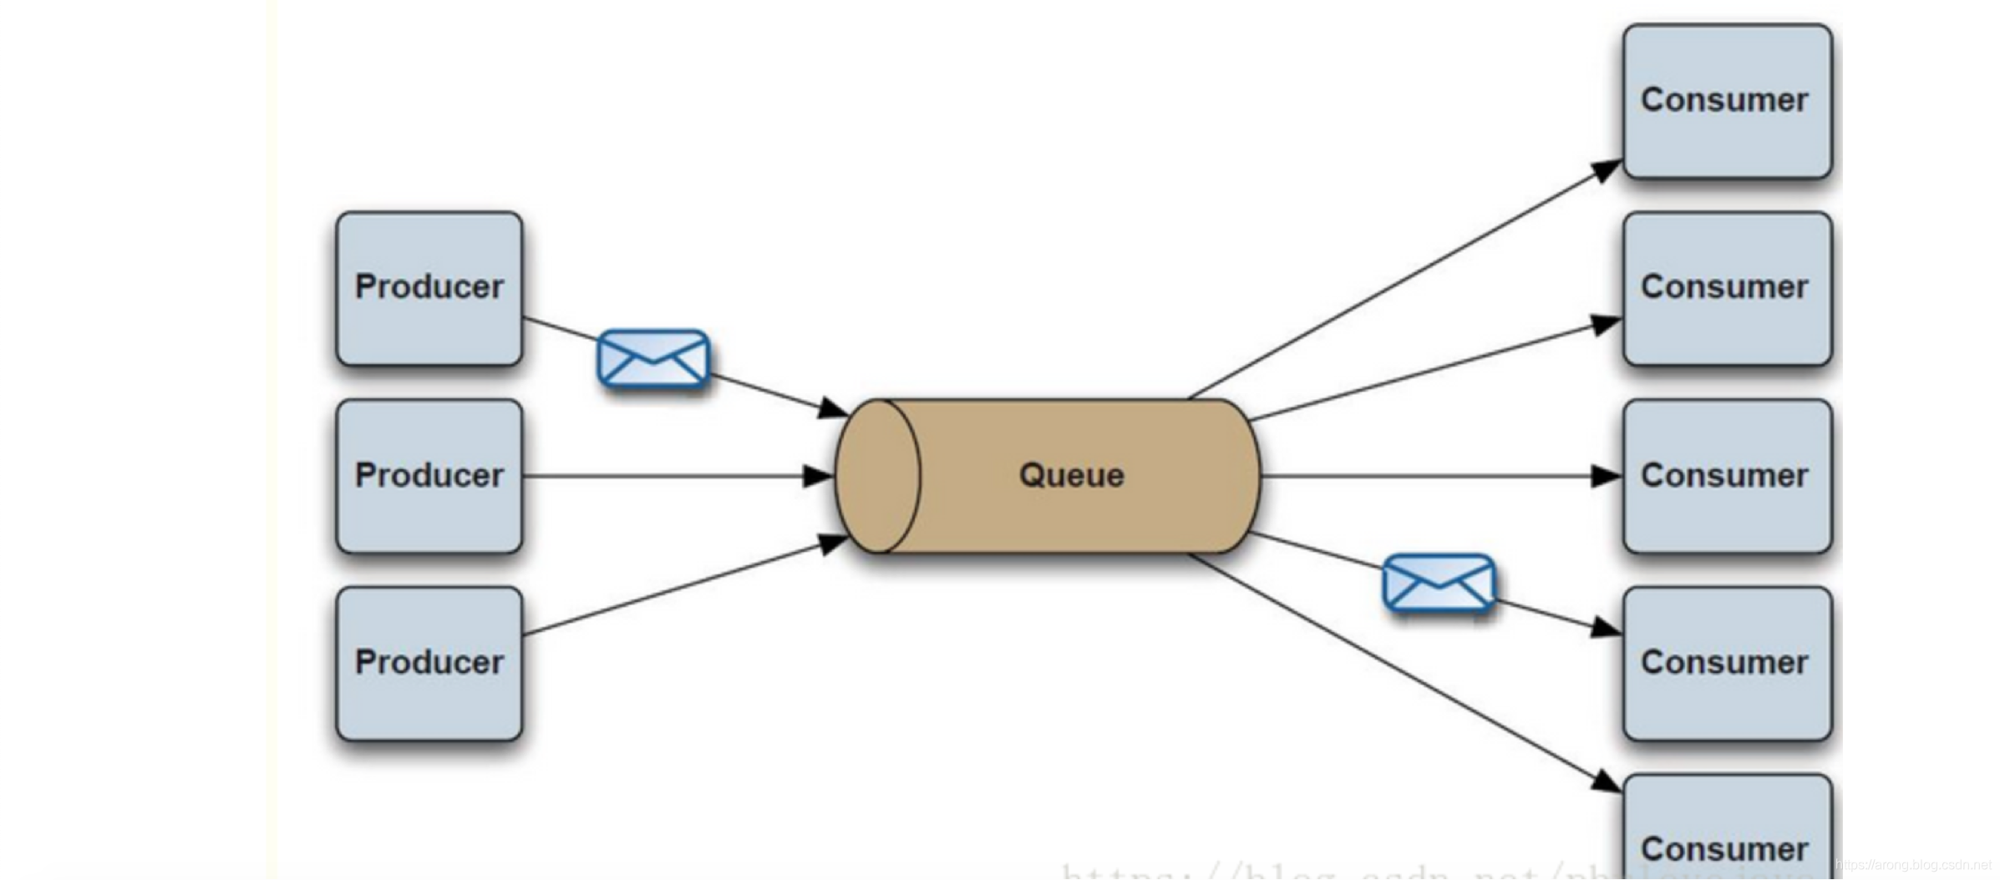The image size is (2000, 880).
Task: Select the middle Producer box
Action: [x=429, y=476]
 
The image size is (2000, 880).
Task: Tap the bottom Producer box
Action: [x=429, y=664]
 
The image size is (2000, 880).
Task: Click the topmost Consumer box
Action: [x=1727, y=101]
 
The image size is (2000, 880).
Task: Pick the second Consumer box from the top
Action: [x=1727, y=288]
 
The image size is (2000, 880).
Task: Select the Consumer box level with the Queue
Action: [x=1727, y=476]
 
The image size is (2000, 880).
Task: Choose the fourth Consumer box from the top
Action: [x=1727, y=664]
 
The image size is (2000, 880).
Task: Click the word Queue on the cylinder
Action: [x=1071, y=476]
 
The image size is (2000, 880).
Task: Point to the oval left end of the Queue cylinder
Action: [x=877, y=476]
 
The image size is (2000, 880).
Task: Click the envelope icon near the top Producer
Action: [x=653, y=359]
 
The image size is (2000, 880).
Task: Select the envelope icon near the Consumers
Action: [x=1439, y=583]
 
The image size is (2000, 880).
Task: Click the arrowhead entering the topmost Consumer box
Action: [x=1605, y=170]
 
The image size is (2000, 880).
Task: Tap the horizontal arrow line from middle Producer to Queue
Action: [x=668, y=476]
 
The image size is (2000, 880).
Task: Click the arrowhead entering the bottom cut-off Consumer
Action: [x=1605, y=781]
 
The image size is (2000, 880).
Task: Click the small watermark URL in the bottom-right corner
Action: [x=1913, y=865]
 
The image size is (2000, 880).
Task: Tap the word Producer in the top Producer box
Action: [x=429, y=286]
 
